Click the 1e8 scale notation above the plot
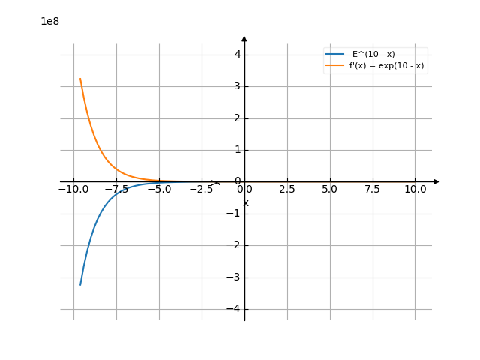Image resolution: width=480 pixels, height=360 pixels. click(50, 21)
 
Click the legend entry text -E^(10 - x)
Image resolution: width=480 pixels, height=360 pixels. click(372, 54)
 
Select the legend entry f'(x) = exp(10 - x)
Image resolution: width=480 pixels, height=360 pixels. click(387, 65)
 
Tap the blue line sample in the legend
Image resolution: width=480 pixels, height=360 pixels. click(335, 54)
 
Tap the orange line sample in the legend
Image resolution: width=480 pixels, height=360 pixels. click(335, 65)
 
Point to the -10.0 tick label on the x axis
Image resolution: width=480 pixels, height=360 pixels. click(73, 190)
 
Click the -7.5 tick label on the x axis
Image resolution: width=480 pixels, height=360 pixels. click(116, 190)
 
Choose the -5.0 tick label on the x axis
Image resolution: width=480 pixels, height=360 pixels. click(159, 190)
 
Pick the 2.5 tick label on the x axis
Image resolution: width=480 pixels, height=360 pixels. click(287, 190)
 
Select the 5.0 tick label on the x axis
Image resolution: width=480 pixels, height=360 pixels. click(330, 190)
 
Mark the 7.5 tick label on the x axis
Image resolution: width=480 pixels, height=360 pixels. click(373, 190)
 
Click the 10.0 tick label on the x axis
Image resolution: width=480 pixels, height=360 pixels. click(415, 190)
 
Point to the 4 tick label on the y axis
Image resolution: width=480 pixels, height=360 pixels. click(237, 54)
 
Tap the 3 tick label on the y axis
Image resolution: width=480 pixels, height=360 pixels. click(237, 85)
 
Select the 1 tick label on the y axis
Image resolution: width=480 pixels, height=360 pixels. click(237, 149)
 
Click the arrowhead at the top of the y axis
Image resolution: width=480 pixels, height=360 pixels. click(244, 38)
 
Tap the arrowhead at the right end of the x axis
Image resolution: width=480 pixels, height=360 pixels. click(436, 181)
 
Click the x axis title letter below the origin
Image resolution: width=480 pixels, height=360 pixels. click(246, 203)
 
